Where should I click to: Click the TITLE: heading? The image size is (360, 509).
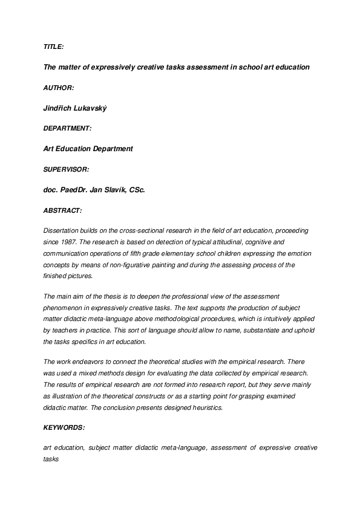pos(53,47)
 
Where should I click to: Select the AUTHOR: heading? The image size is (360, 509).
pos(59,88)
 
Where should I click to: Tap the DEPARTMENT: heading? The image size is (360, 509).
pos(68,128)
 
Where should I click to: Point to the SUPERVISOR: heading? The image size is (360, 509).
pos(67,169)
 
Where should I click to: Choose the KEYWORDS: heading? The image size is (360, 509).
pos(64,427)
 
